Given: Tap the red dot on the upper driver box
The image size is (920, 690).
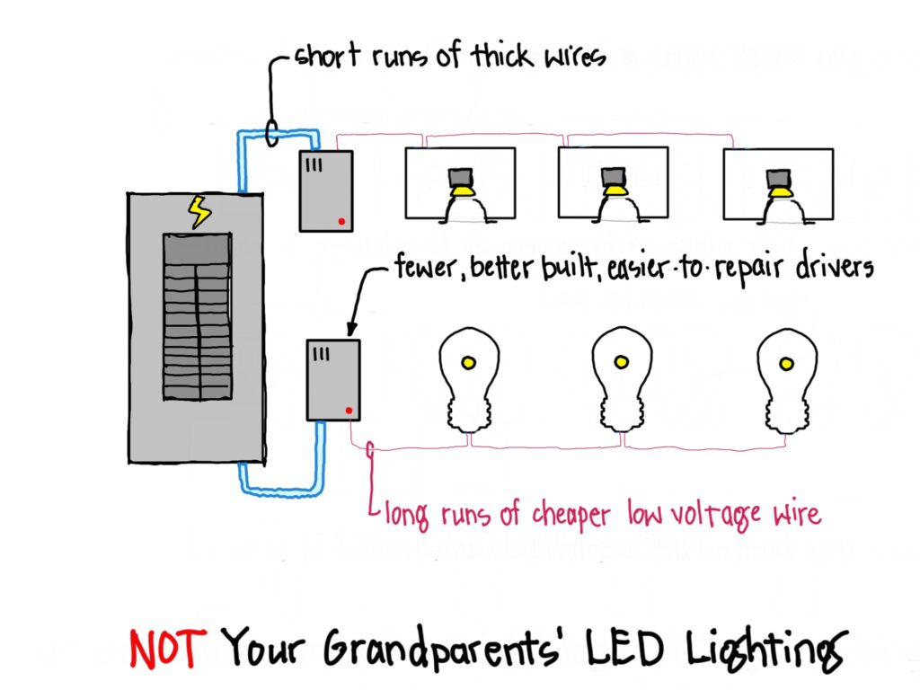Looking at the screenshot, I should click(341, 221).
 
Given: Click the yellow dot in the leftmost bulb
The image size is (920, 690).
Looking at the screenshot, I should click(468, 363).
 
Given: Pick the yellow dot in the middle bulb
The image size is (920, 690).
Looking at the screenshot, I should click(621, 362).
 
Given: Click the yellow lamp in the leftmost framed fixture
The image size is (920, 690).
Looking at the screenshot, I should click(463, 190).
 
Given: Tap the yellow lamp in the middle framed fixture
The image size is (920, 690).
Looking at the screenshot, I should click(615, 189).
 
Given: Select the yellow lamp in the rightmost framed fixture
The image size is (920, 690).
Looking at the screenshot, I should click(779, 190).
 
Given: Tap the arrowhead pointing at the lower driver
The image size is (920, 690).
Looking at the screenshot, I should click(350, 329).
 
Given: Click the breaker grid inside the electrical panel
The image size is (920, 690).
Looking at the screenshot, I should click(196, 316).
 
